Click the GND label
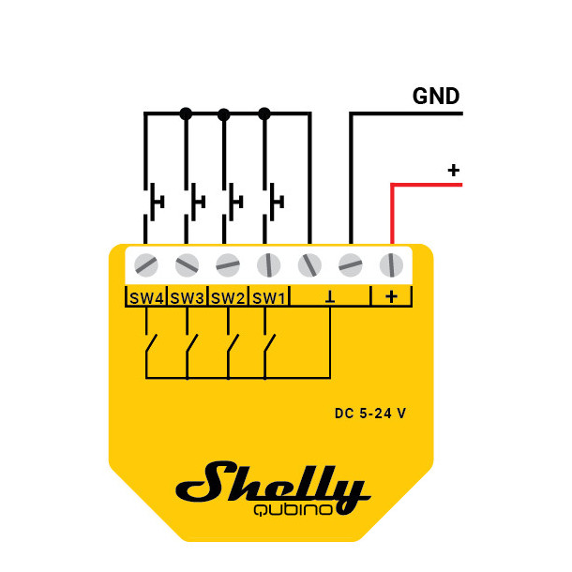tap(436, 97)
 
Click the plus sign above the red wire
tap(454, 171)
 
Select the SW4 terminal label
tap(145, 297)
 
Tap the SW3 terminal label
tap(187, 297)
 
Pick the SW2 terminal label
tap(228, 297)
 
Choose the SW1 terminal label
tap(268, 297)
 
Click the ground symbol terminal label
tap(330, 297)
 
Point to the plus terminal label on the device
tap(391, 297)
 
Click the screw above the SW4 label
tap(145, 264)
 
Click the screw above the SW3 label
tap(187, 264)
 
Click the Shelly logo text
tap(273, 484)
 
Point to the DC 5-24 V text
tap(370, 414)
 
